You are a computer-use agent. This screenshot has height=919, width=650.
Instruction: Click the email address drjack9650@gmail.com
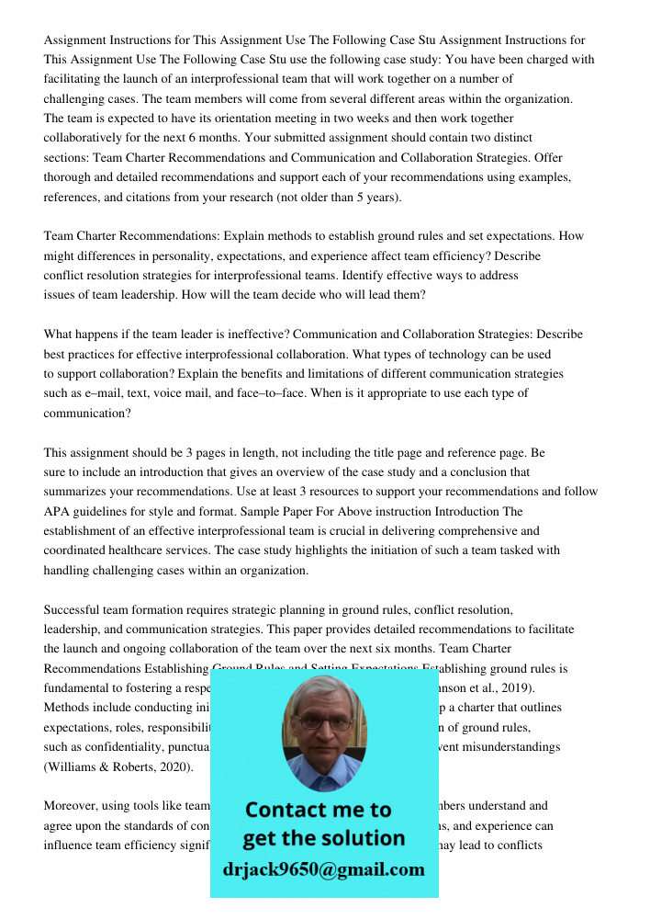tap(323, 869)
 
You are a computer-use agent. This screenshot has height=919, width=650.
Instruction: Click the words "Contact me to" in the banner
tap(318, 810)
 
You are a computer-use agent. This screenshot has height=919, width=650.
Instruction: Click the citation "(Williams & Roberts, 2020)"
tap(114, 766)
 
